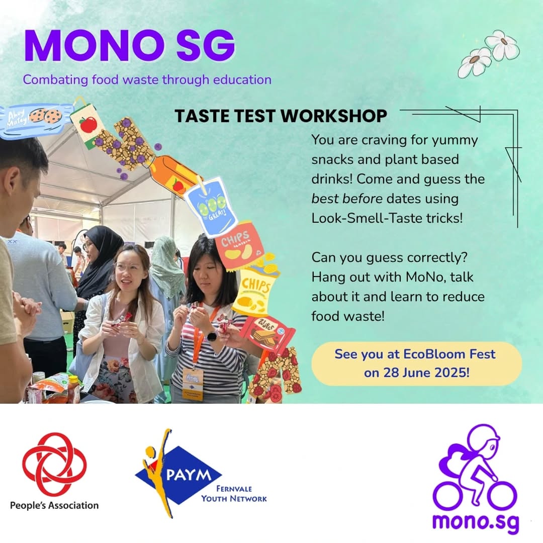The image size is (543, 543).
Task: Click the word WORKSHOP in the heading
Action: (x=333, y=116)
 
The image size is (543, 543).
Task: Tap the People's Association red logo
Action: (x=54, y=464)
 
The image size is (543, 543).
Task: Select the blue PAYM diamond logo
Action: (x=177, y=475)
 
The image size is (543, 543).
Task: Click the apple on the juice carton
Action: (x=88, y=125)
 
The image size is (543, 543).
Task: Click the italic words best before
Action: (x=346, y=199)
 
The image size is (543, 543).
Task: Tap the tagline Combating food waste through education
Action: (x=147, y=79)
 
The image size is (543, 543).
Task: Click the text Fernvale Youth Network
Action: (x=234, y=494)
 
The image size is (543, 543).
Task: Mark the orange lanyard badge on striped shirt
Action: (x=193, y=384)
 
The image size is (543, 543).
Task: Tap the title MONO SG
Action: (x=129, y=46)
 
